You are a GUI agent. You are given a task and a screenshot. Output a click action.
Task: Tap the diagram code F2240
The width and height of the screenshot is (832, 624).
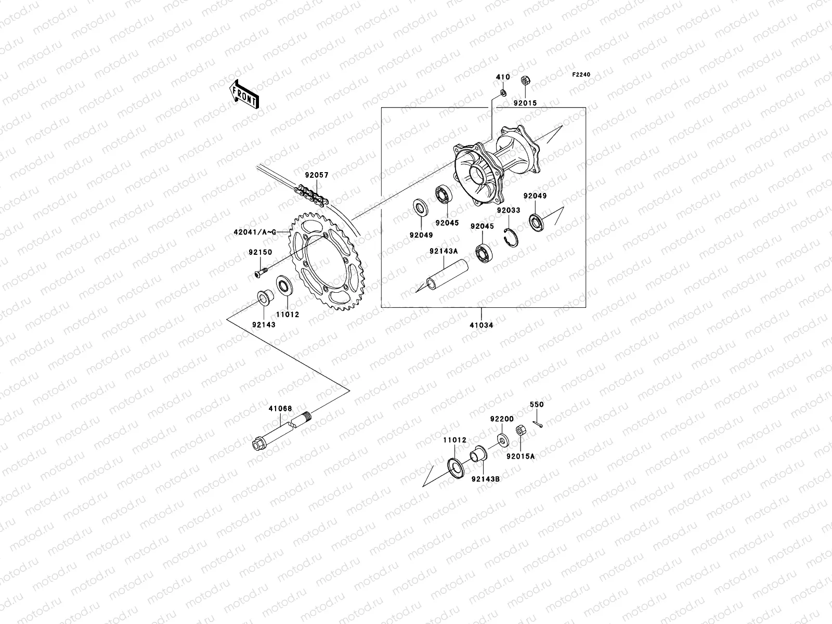tap(581, 75)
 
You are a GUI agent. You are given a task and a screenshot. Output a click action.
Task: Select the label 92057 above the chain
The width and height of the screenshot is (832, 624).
tap(317, 175)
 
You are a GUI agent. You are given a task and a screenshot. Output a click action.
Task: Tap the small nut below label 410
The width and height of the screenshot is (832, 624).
tap(503, 93)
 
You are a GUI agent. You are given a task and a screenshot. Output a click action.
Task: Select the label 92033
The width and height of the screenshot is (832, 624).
tap(508, 211)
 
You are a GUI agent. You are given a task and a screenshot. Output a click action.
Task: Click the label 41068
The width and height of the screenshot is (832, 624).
tap(280, 409)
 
